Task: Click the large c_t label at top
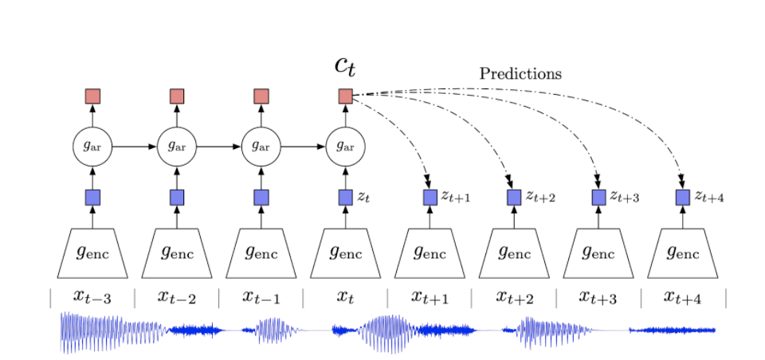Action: (x=344, y=66)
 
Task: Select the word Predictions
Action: (x=520, y=74)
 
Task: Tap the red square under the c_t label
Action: (x=345, y=96)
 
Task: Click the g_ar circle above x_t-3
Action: (x=92, y=147)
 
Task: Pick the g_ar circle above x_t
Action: (x=345, y=147)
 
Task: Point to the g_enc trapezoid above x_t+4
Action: (x=683, y=253)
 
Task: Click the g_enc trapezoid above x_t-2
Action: (x=177, y=253)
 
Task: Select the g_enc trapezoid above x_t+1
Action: (x=430, y=253)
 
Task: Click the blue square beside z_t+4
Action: (x=683, y=197)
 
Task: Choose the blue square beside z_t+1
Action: (x=430, y=197)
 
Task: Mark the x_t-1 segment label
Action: (x=261, y=297)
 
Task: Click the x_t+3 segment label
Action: (x=598, y=297)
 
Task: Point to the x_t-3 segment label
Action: (x=92, y=297)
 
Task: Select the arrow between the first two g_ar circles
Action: (x=134, y=147)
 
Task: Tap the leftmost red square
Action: (x=92, y=96)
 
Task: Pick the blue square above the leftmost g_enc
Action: (x=92, y=197)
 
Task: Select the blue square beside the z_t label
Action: (x=345, y=197)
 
